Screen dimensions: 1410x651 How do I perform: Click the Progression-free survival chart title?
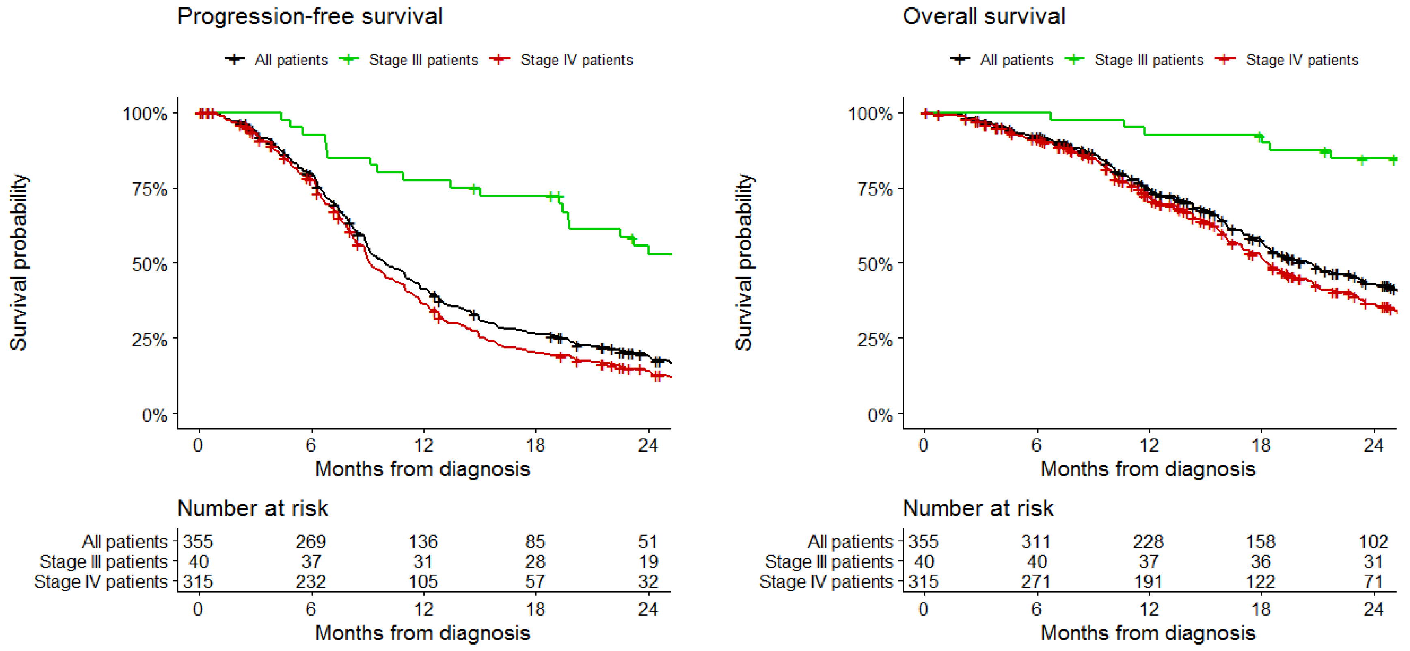(x=310, y=16)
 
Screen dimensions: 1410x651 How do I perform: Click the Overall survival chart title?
(x=984, y=16)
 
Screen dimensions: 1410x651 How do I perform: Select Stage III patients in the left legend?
(x=423, y=60)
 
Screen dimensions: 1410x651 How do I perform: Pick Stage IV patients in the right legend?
(x=1302, y=60)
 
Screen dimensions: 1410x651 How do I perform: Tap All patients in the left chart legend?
(x=291, y=60)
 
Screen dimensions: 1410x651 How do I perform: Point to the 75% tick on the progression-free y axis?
(x=149, y=189)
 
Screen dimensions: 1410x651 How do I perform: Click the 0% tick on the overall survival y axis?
(x=880, y=415)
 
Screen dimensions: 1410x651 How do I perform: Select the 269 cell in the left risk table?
(x=311, y=541)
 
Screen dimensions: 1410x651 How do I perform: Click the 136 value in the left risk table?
(x=423, y=541)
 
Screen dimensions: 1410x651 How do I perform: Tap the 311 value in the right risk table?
(x=1036, y=541)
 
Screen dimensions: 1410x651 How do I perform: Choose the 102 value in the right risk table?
(x=1373, y=541)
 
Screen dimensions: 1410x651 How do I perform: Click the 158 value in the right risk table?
(x=1261, y=541)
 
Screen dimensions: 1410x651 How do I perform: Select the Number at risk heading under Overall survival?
(x=978, y=508)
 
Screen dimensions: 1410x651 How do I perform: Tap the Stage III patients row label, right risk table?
(x=829, y=561)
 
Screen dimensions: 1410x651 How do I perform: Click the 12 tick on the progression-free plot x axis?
(x=423, y=445)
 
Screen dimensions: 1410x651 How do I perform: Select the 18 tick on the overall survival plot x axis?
(x=1261, y=445)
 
